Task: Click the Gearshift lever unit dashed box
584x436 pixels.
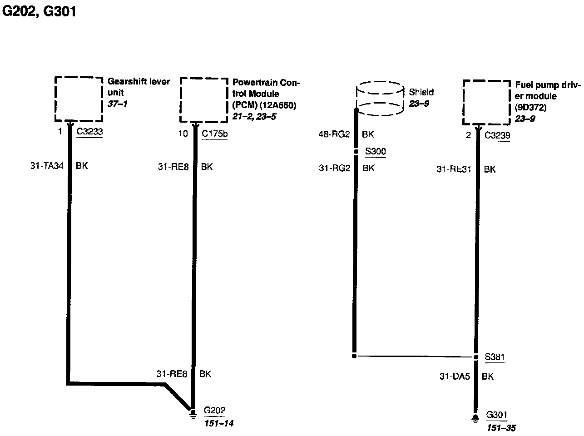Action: pyautogui.click(x=79, y=99)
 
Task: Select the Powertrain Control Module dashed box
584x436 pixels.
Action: pyautogui.click(x=204, y=100)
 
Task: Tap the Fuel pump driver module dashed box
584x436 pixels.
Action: pyautogui.click(x=486, y=103)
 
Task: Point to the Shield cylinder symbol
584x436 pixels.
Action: pyautogui.click(x=380, y=99)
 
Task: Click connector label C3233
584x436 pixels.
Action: pyautogui.click(x=89, y=132)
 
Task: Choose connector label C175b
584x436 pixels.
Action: pyautogui.click(x=214, y=134)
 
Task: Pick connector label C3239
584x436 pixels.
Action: pyautogui.click(x=497, y=135)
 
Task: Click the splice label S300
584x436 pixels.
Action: pyautogui.click(x=375, y=151)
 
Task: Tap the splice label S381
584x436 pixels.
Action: pyautogui.click(x=495, y=357)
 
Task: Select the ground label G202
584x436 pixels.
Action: pyautogui.click(x=214, y=411)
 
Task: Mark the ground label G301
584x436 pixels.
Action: pyautogui.click(x=496, y=415)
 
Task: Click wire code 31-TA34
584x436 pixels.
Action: pyautogui.click(x=47, y=166)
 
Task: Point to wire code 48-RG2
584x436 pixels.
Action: pyautogui.click(x=334, y=135)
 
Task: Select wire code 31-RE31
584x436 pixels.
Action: pyautogui.click(x=454, y=169)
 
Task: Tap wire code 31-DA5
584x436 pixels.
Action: pyautogui.click(x=455, y=377)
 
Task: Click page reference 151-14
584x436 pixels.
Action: pyautogui.click(x=219, y=424)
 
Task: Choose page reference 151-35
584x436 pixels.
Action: pyautogui.click(x=501, y=428)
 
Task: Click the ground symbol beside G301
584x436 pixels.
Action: pyautogui.click(x=475, y=418)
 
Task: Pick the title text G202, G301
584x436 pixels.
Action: pyautogui.click(x=39, y=11)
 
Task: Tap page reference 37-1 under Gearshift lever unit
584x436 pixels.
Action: pyautogui.click(x=118, y=104)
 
